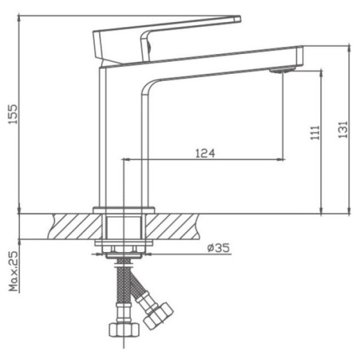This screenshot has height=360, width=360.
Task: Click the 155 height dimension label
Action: point(13,114)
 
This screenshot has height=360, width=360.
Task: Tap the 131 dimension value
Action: point(343,130)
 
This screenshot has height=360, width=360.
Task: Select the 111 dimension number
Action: point(315,133)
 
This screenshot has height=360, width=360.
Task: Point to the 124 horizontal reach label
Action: point(205,154)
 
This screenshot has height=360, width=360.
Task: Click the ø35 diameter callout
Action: point(218,248)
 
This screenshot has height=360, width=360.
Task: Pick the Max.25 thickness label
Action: point(13,271)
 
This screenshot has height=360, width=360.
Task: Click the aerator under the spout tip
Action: point(283,70)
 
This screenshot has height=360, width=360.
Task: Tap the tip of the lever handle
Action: point(240,19)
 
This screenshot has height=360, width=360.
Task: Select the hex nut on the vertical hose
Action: point(124,330)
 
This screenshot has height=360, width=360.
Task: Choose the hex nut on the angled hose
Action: point(158,316)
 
